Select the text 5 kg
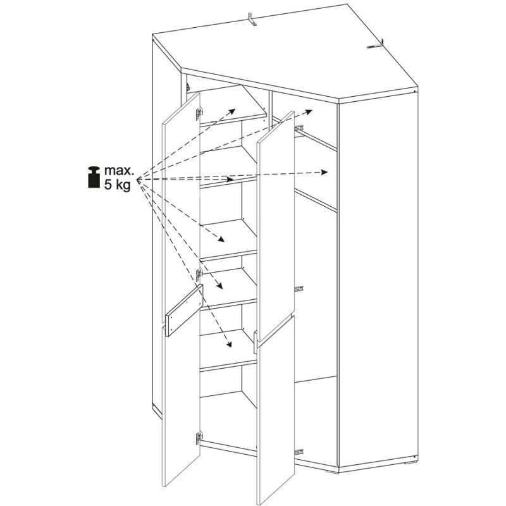click(x=118, y=186)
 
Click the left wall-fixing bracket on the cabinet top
click(x=252, y=19)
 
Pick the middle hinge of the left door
click(x=199, y=275)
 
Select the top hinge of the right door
click(x=299, y=127)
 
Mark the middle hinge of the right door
click(x=299, y=288)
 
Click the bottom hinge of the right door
click(x=299, y=450)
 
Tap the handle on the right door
click(x=256, y=342)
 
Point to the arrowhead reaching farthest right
click(x=326, y=172)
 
